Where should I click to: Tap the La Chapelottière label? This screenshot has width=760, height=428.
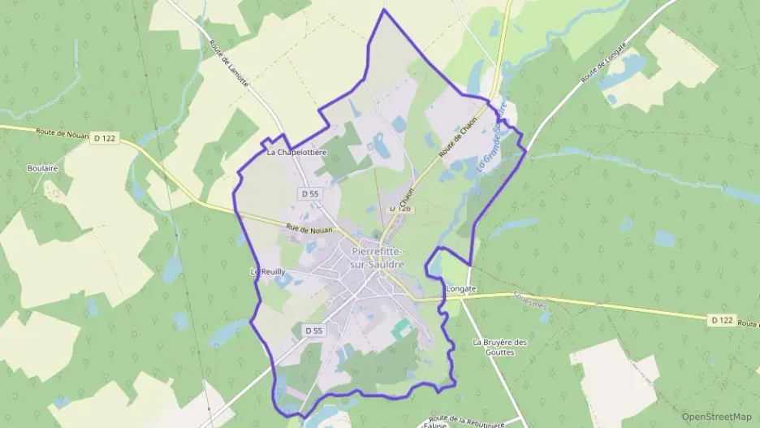pyautogui.click(x=296, y=152)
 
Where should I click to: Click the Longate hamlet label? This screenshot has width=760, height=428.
pyautogui.click(x=461, y=287)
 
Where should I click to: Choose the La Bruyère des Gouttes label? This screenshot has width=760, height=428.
pyautogui.click(x=499, y=348)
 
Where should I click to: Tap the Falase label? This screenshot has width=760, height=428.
pyautogui.click(x=437, y=424)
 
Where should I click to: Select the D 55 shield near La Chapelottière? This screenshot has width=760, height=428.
pyautogui.click(x=309, y=194)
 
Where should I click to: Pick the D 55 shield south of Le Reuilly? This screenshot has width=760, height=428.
pyautogui.click(x=313, y=331)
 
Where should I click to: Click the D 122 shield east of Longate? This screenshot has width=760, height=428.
pyautogui.click(x=721, y=320)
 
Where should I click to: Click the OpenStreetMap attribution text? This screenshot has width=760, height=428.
pyautogui.click(x=715, y=416)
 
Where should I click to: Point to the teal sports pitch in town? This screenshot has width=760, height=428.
pyautogui.click(x=401, y=329)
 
